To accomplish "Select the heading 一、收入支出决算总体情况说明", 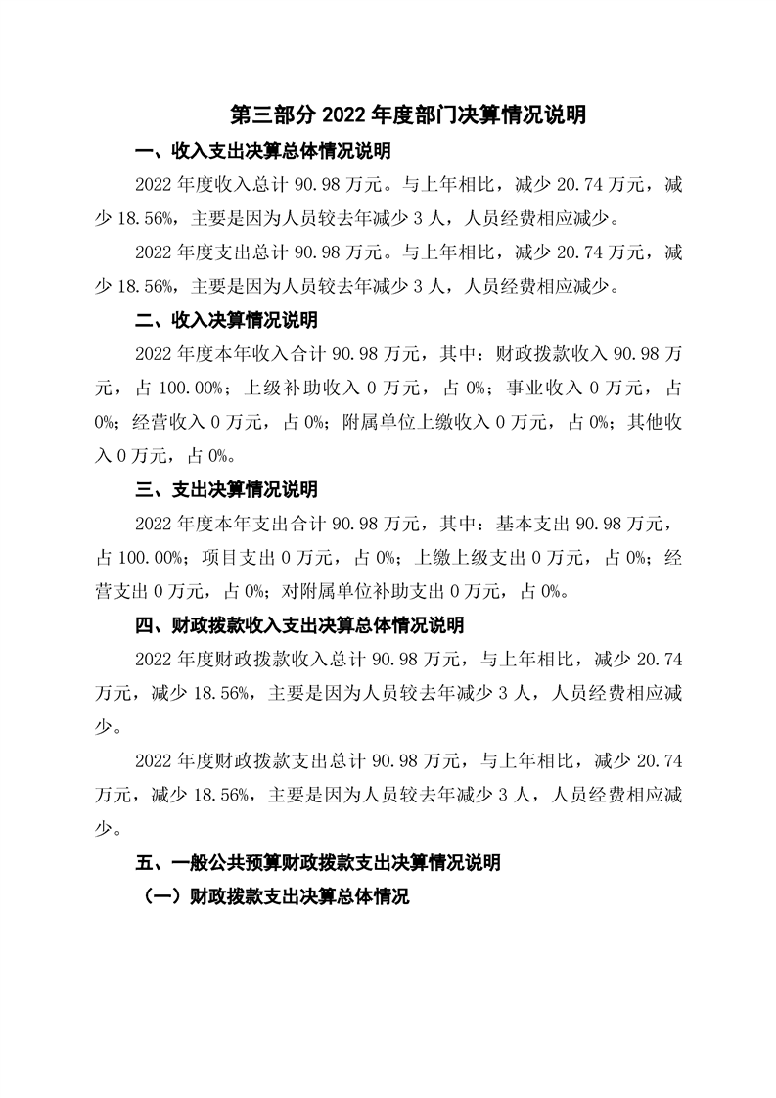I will [x=262, y=152].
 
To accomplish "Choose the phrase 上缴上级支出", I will [x=464, y=557].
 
